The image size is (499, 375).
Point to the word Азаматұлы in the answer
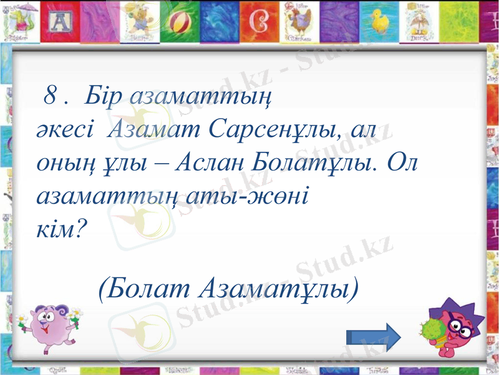tap(278, 289)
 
